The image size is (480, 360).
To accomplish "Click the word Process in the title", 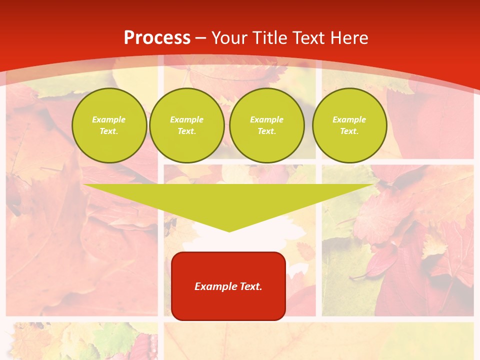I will [x=157, y=38].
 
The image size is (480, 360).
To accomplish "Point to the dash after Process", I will [x=201, y=38].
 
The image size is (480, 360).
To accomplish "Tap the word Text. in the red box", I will [x=250, y=286].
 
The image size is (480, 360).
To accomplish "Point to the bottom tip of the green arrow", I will [x=229, y=231].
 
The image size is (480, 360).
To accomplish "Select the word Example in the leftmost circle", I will [x=109, y=119].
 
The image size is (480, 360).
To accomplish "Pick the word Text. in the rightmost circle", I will [x=349, y=131].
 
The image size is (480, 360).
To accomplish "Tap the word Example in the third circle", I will [x=266, y=119].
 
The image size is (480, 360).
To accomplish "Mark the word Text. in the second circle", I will [x=187, y=131].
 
